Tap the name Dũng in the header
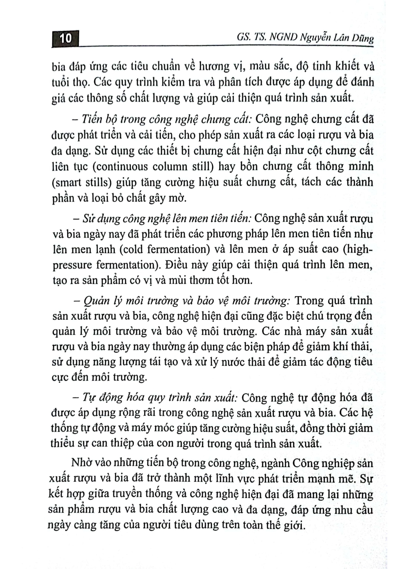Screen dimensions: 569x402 [362, 39]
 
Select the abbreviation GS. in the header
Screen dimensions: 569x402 [242, 38]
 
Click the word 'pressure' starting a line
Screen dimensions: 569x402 [72, 265]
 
